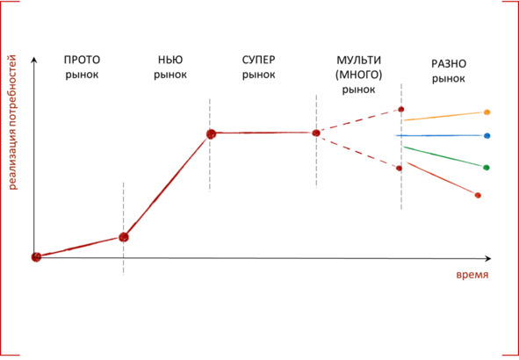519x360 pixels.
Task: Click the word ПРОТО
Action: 82,60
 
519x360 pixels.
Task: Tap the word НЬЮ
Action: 170,60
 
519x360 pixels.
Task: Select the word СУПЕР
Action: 258,60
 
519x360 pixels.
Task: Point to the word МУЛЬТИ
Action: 359,61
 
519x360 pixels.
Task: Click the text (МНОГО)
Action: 359,75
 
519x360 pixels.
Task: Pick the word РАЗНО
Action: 449,64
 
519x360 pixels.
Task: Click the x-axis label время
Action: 472,275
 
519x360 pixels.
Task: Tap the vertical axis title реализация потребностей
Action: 12,122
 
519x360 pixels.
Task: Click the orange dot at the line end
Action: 487,112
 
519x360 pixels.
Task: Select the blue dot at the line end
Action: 487,136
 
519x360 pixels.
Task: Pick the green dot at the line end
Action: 487,168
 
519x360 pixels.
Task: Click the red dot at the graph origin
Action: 36,256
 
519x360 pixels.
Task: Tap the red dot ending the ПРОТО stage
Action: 124,237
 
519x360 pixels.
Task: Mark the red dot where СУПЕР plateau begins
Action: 211,134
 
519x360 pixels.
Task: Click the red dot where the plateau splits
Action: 316,133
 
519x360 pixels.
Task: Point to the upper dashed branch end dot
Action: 401,109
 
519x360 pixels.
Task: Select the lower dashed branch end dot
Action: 400,169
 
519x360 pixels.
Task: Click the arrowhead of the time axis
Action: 488,258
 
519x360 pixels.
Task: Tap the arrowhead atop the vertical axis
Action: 33,60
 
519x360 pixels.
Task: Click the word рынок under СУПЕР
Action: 258,75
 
